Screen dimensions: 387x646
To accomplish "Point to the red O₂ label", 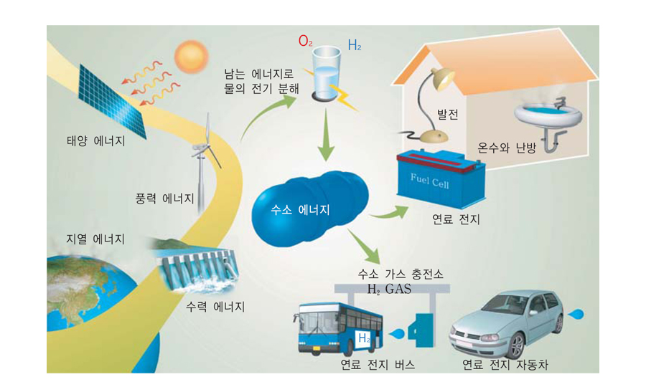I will tap(306, 42).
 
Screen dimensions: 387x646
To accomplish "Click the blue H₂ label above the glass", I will tap(354, 45).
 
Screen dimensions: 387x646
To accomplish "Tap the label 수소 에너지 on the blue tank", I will tap(300, 210).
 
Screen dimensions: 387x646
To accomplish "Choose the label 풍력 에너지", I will tap(164, 197).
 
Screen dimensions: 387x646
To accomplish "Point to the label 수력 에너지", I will tap(215, 306).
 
